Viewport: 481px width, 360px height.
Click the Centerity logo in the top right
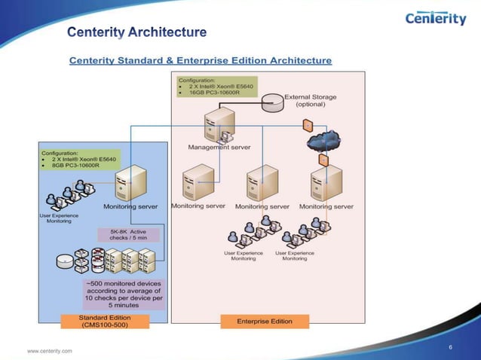[x=436, y=18]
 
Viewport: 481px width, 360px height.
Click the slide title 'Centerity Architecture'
[x=136, y=32]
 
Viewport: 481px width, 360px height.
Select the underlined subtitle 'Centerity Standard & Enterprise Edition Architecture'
[x=201, y=59]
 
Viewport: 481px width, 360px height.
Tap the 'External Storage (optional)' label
[x=310, y=100]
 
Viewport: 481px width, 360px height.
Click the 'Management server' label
[x=219, y=147]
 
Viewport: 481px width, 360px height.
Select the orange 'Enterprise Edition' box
[x=264, y=321]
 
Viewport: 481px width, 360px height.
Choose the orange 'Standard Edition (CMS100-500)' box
[x=105, y=322]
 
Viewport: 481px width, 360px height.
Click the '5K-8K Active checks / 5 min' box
[x=127, y=234]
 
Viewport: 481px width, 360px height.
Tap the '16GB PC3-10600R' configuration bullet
[x=213, y=93]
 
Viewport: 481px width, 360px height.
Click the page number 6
[x=449, y=346]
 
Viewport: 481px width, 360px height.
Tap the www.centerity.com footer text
[x=50, y=351]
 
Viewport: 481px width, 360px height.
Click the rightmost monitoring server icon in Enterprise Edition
[x=326, y=183]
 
